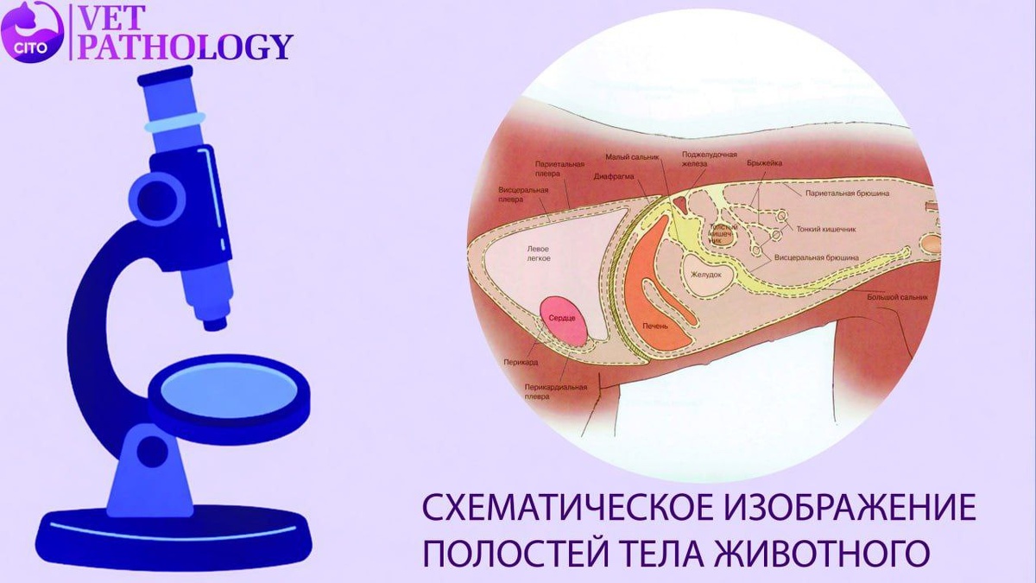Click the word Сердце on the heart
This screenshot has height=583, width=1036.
[x=562, y=319]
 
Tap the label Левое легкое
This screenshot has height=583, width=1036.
[x=539, y=252]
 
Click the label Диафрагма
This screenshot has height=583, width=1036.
[x=615, y=175]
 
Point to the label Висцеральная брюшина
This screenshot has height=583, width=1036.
[x=816, y=257]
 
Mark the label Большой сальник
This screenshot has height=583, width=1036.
[x=898, y=297]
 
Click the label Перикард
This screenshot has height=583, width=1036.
[x=518, y=364]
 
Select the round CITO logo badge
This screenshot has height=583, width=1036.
[x=34, y=33]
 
